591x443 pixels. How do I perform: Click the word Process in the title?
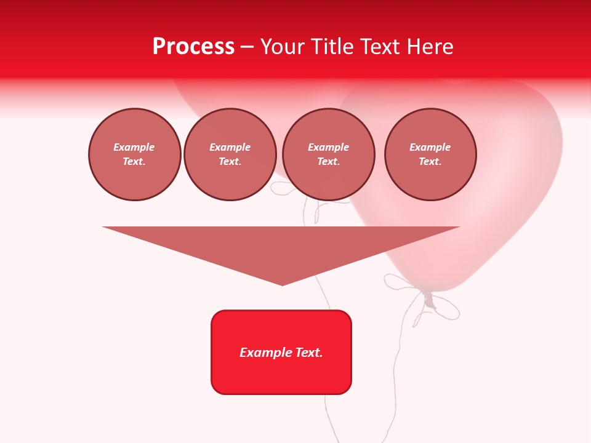(x=193, y=47)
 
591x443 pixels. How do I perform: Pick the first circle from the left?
(x=135, y=154)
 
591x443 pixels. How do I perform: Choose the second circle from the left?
(x=230, y=154)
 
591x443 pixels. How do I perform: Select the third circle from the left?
(x=329, y=154)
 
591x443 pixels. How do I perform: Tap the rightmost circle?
(x=430, y=154)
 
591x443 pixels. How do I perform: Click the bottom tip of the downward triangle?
(x=282, y=284)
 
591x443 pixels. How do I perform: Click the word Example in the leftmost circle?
(x=134, y=147)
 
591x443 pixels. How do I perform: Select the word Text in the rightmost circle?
(x=430, y=162)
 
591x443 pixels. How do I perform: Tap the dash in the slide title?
(x=247, y=47)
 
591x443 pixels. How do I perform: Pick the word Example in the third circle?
(x=329, y=147)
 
